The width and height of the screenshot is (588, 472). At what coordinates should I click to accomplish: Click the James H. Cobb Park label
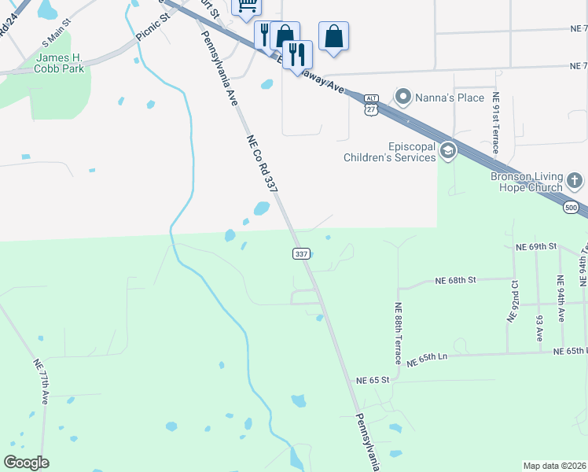(59, 63)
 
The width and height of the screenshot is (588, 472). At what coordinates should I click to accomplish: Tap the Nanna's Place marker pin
(404, 98)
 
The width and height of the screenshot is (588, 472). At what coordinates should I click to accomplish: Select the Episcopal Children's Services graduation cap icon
(448, 150)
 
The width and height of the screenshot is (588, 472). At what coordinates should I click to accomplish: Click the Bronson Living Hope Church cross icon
(575, 182)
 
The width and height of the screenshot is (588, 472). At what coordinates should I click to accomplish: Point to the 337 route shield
(301, 253)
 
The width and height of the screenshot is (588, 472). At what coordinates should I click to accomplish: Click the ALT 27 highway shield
(371, 104)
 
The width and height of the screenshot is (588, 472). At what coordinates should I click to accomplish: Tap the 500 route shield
(571, 205)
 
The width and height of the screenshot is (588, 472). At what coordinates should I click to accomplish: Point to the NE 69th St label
(536, 247)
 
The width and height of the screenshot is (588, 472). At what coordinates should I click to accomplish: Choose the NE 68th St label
(457, 279)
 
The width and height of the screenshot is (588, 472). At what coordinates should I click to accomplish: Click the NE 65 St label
(372, 380)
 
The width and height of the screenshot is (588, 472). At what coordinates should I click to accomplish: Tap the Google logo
(26, 463)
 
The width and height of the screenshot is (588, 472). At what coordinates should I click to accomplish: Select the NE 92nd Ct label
(513, 300)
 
